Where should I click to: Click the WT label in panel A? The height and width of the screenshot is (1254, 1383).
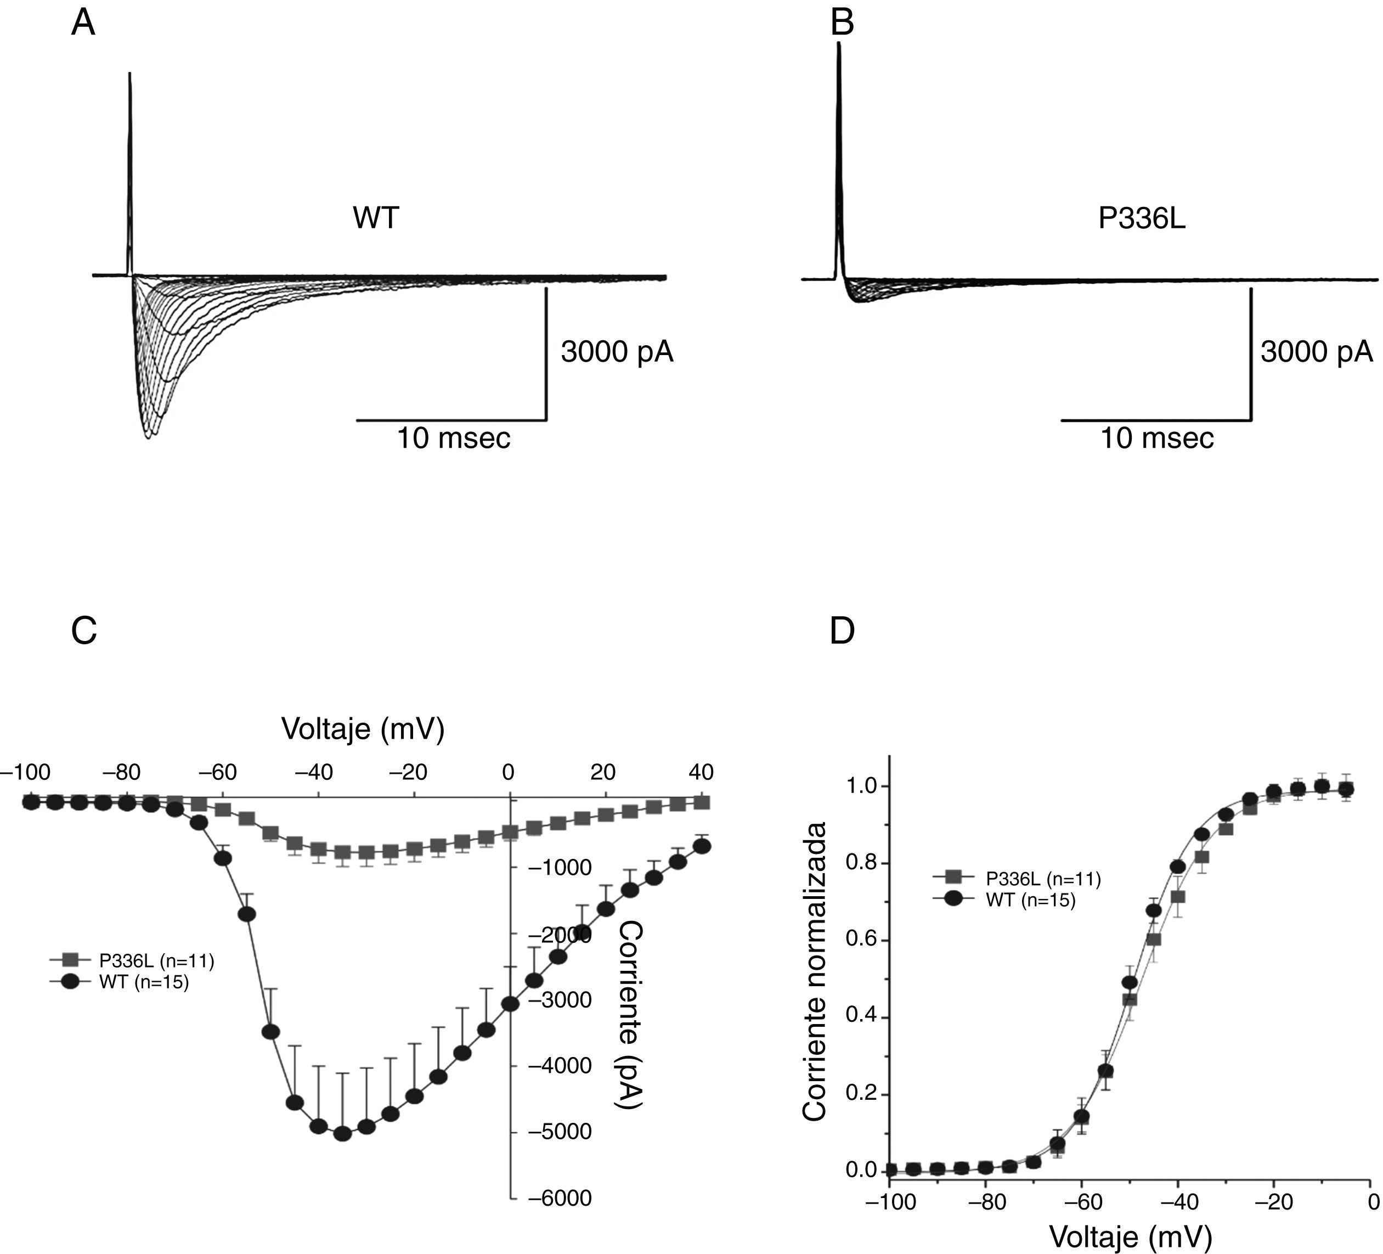375,218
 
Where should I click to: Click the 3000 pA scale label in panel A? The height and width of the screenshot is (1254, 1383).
617,352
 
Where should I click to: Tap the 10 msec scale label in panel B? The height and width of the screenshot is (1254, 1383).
1156,438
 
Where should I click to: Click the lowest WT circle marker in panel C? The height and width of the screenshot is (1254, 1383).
342,1134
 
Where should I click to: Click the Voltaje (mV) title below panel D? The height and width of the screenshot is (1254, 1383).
1131,1238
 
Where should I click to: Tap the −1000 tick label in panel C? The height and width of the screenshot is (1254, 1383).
559,868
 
